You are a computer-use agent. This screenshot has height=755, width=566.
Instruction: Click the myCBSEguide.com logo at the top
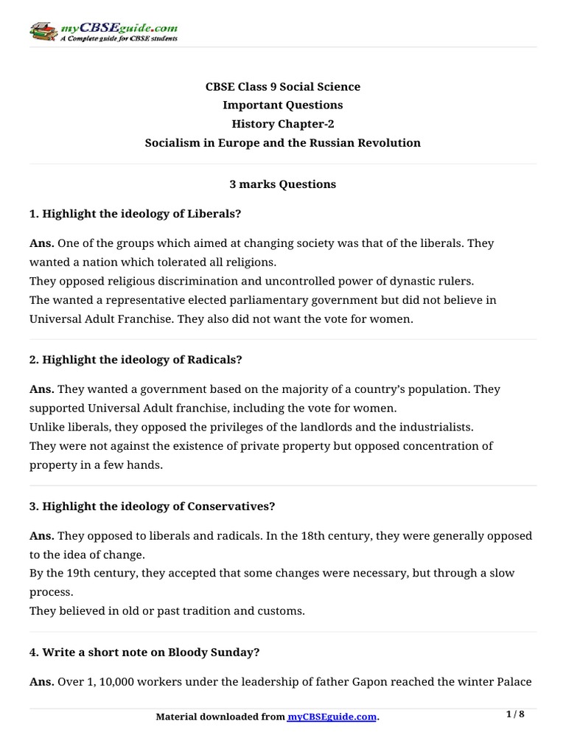coord(103,32)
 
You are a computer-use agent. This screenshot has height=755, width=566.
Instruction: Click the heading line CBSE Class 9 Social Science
coord(282,87)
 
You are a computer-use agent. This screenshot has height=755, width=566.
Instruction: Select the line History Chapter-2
coord(282,124)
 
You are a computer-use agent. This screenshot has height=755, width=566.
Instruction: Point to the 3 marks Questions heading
coord(282,184)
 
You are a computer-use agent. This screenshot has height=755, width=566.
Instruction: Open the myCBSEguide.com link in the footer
coord(332,717)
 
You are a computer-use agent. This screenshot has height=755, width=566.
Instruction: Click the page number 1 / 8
coord(515,714)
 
